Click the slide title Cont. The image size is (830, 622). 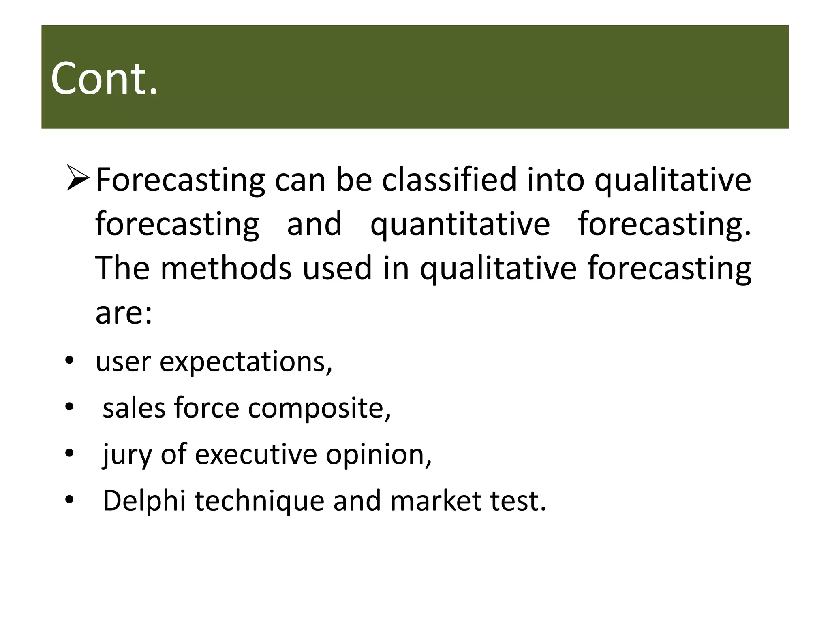point(104,78)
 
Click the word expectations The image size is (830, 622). point(246,362)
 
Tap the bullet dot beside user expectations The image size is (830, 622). point(69,360)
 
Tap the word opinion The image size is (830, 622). point(379,455)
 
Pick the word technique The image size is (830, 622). point(259,501)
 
